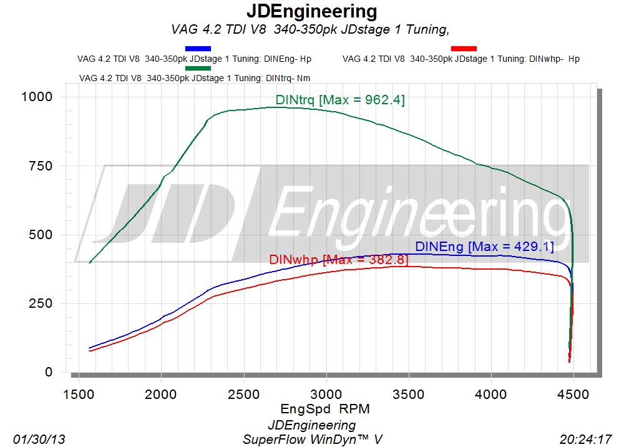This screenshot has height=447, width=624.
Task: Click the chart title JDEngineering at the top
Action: [312, 11]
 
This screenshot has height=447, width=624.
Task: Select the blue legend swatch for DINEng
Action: [198, 48]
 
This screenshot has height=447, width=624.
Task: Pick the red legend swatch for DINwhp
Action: [464, 48]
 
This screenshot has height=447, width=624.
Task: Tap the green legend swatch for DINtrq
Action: [198, 67]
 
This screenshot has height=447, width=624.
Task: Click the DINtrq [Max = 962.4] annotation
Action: [340, 100]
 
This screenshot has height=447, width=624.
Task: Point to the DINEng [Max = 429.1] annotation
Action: [484, 247]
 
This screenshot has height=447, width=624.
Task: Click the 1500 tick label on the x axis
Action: [79, 395]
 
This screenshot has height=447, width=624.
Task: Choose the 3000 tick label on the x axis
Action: [326, 395]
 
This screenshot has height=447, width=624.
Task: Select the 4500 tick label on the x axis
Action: [573, 395]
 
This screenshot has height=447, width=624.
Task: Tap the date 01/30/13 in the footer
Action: [39, 440]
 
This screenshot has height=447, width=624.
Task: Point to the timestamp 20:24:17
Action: [585, 440]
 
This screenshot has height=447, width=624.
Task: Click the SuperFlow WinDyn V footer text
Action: [312, 440]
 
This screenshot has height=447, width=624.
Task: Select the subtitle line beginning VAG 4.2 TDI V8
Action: [310, 29]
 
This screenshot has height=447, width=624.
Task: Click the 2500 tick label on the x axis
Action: [243, 395]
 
